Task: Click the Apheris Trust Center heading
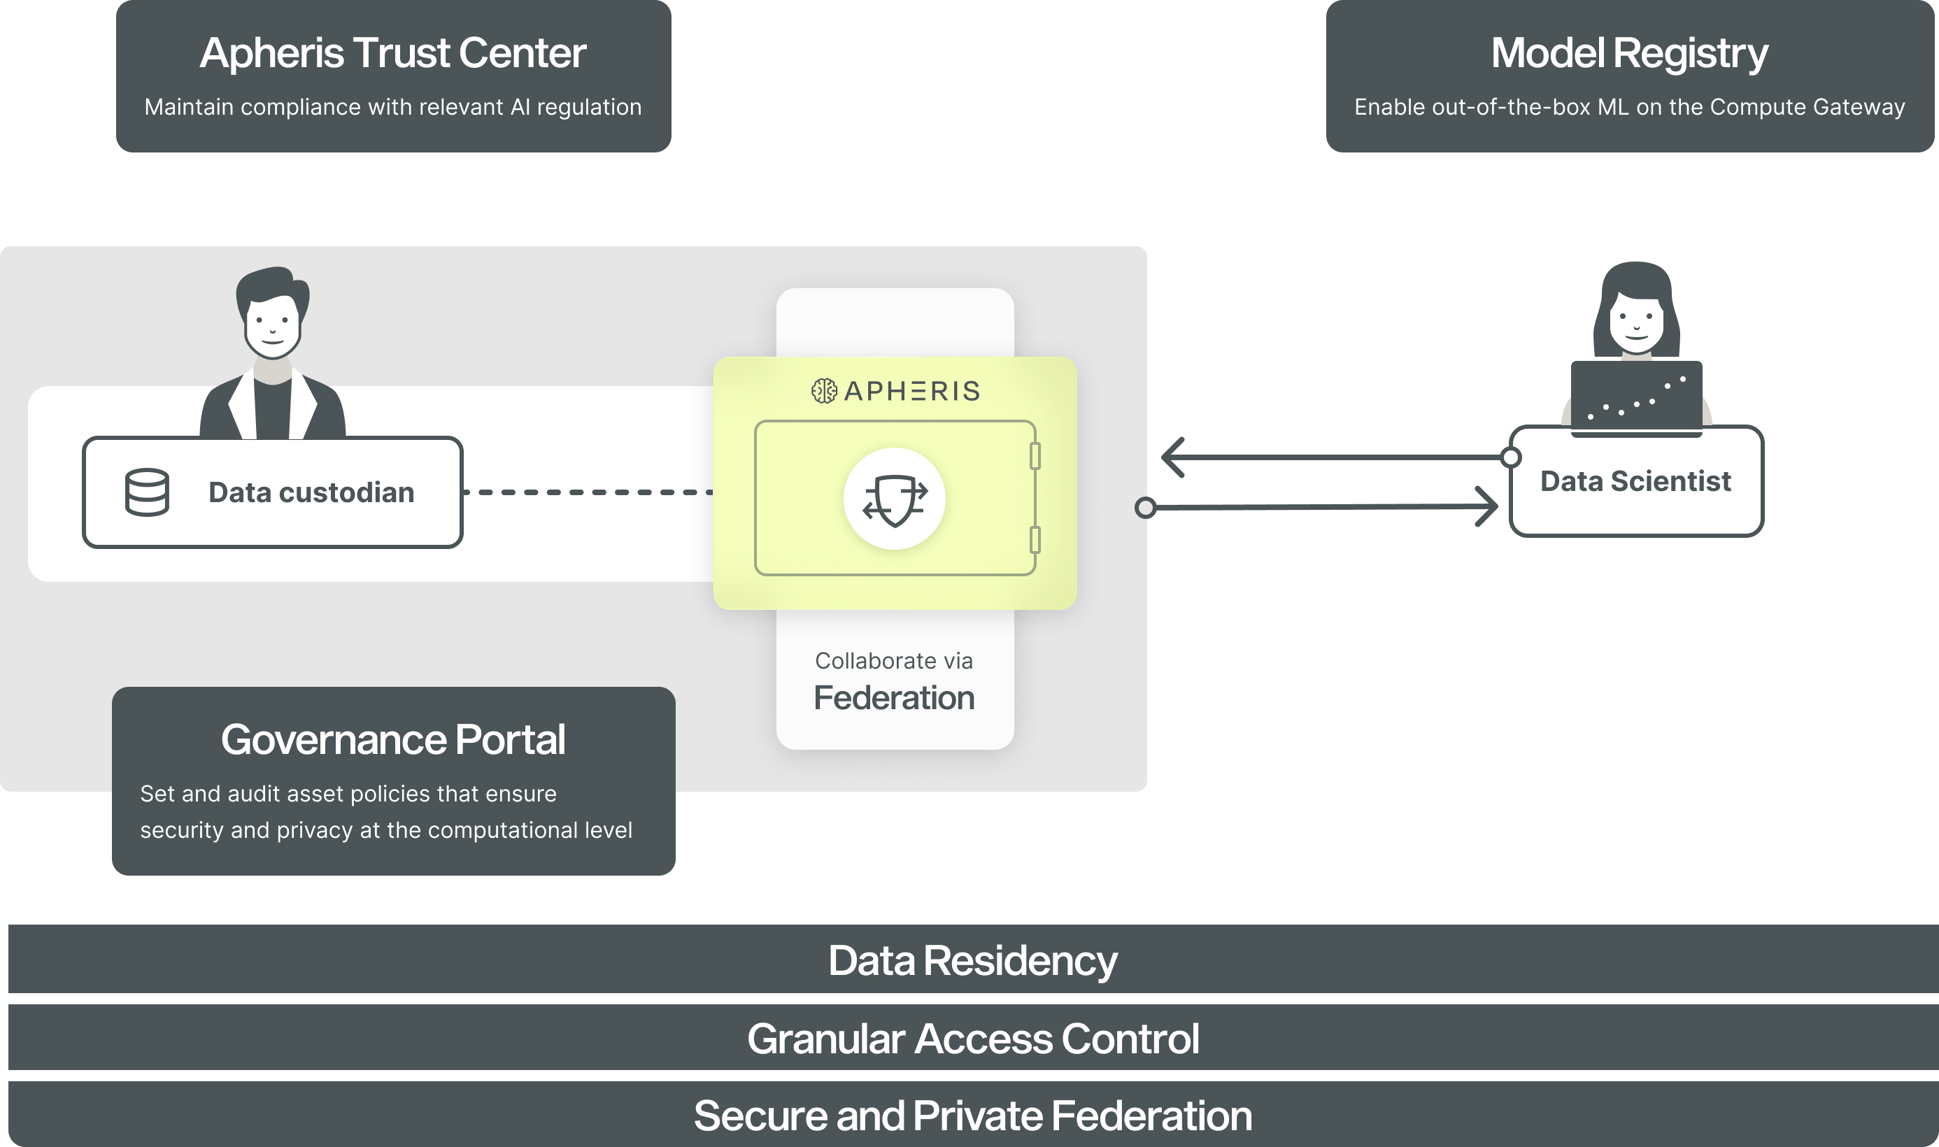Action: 392,53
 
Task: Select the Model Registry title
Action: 1629,53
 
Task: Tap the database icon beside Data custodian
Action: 147,492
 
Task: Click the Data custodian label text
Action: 311,492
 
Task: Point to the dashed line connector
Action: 588,492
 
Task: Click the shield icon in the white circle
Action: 894,499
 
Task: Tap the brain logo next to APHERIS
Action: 824,391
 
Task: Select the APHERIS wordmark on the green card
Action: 912,391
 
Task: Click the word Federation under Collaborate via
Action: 894,698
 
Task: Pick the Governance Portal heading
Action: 392,740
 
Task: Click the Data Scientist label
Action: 1635,480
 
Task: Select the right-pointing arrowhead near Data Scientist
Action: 1487,507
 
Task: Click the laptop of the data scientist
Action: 1636,396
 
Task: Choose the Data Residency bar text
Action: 972,961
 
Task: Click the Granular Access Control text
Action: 972,1038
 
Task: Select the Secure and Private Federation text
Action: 972,1116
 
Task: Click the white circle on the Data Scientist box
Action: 1510,457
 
